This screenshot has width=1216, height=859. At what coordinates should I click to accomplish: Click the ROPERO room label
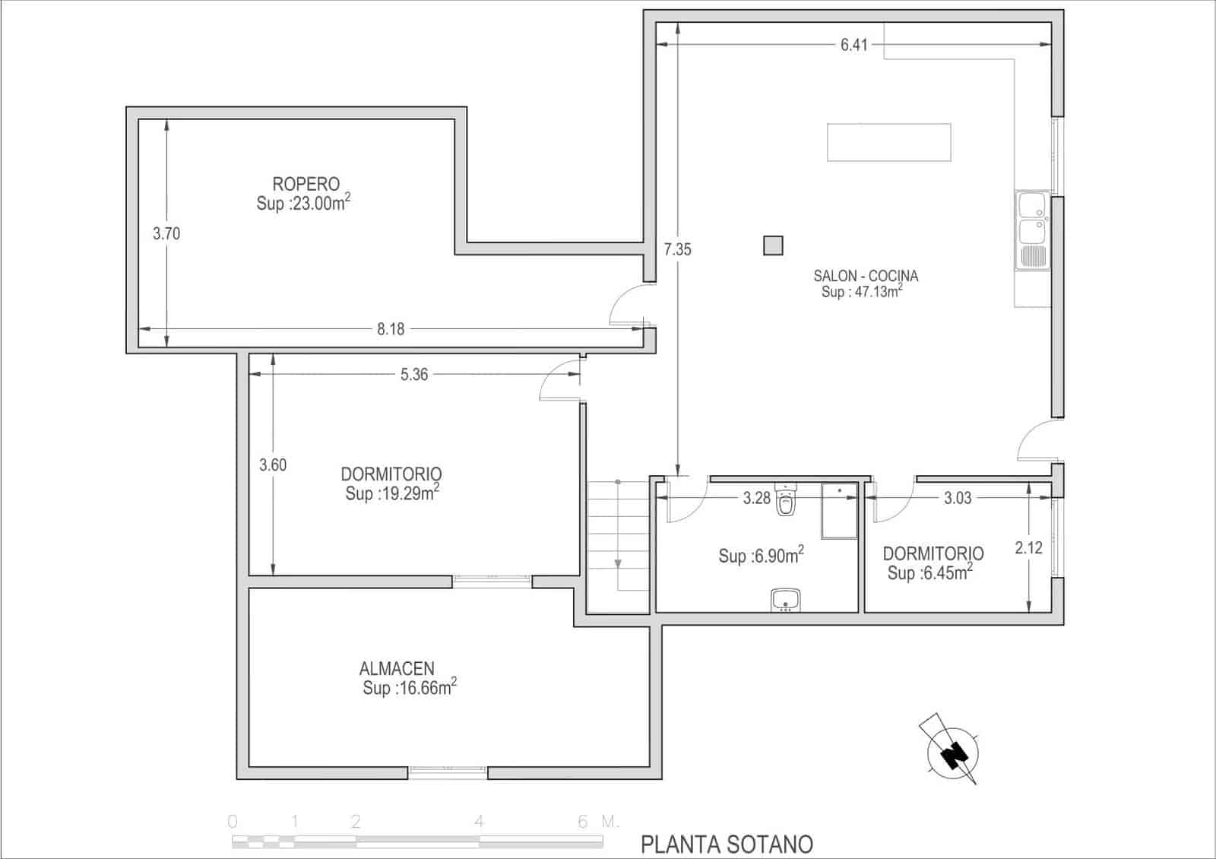pyautogui.click(x=306, y=184)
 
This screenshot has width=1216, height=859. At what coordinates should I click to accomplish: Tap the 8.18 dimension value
pyautogui.click(x=391, y=329)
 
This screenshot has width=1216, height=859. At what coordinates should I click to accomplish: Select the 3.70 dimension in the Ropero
pyautogui.click(x=166, y=233)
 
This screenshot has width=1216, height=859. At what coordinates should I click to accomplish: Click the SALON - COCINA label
pyautogui.click(x=866, y=276)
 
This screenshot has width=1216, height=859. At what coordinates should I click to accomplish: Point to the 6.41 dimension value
pyautogui.click(x=853, y=45)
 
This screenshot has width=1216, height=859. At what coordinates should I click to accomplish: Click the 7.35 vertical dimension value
pyautogui.click(x=677, y=249)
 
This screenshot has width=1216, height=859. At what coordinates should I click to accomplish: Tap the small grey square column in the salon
pyautogui.click(x=773, y=245)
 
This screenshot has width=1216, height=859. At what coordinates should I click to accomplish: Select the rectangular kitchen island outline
pyautogui.click(x=888, y=142)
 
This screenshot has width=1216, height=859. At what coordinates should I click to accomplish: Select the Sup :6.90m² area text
pyautogui.click(x=761, y=556)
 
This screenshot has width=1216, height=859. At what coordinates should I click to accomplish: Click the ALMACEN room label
pyautogui.click(x=397, y=669)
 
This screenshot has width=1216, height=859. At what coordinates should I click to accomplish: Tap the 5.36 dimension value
pyautogui.click(x=414, y=374)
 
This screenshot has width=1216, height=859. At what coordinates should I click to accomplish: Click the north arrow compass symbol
pyautogui.click(x=952, y=751)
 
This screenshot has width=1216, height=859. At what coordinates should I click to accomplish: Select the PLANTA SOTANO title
pyautogui.click(x=727, y=844)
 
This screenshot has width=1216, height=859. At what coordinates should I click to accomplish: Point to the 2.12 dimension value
pyautogui.click(x=1028, y=547)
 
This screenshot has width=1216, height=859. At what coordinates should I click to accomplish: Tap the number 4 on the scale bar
pyautogui.click(x=479, y=822)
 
